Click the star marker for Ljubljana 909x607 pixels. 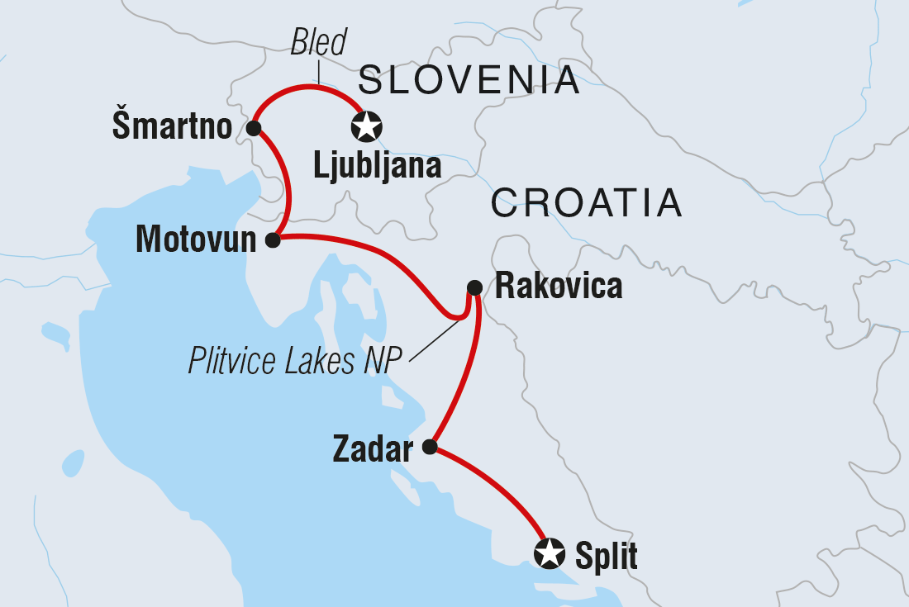[x=367, y=127]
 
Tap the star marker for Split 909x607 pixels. [x=550, y=553]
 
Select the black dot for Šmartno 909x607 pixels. [x=254, y=128]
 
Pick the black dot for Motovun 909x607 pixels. [x=273, y=240]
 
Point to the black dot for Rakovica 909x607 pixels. [x=474, y=287]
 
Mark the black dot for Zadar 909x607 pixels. [x=430, y=447]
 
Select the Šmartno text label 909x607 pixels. [x=172, y=128]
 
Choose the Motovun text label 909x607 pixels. [x=196, y=240]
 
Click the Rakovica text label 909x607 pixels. [x=558, y=287]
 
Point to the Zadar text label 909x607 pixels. [x=372, y=450]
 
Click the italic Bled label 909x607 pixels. [x=319, y=43]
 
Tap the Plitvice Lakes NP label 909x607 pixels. [x=294, y=361]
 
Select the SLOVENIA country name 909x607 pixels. [x=469, y=81]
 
